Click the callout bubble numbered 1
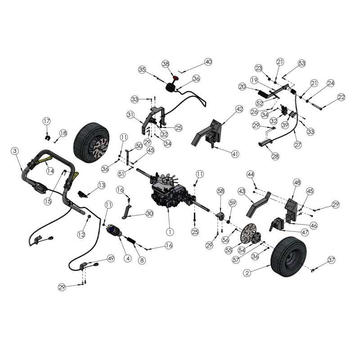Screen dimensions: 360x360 pos(170,232)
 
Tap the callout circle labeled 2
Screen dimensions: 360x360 pos(247,272)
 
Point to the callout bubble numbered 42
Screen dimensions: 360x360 pos(239,109)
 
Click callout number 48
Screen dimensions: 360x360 pos(297,183)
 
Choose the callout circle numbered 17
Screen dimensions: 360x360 pos(46,121)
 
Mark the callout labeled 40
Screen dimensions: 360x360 pos(207,62)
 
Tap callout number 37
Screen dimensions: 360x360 pos(331,260)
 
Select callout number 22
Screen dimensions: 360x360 pos(341,97)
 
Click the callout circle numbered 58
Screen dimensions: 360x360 pos(220,192)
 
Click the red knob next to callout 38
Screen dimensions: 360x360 pos(175,77)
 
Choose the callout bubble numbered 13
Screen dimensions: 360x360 pos(102,185)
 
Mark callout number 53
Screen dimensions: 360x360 pos(301,63)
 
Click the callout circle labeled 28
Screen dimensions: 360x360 pos(275,156)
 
